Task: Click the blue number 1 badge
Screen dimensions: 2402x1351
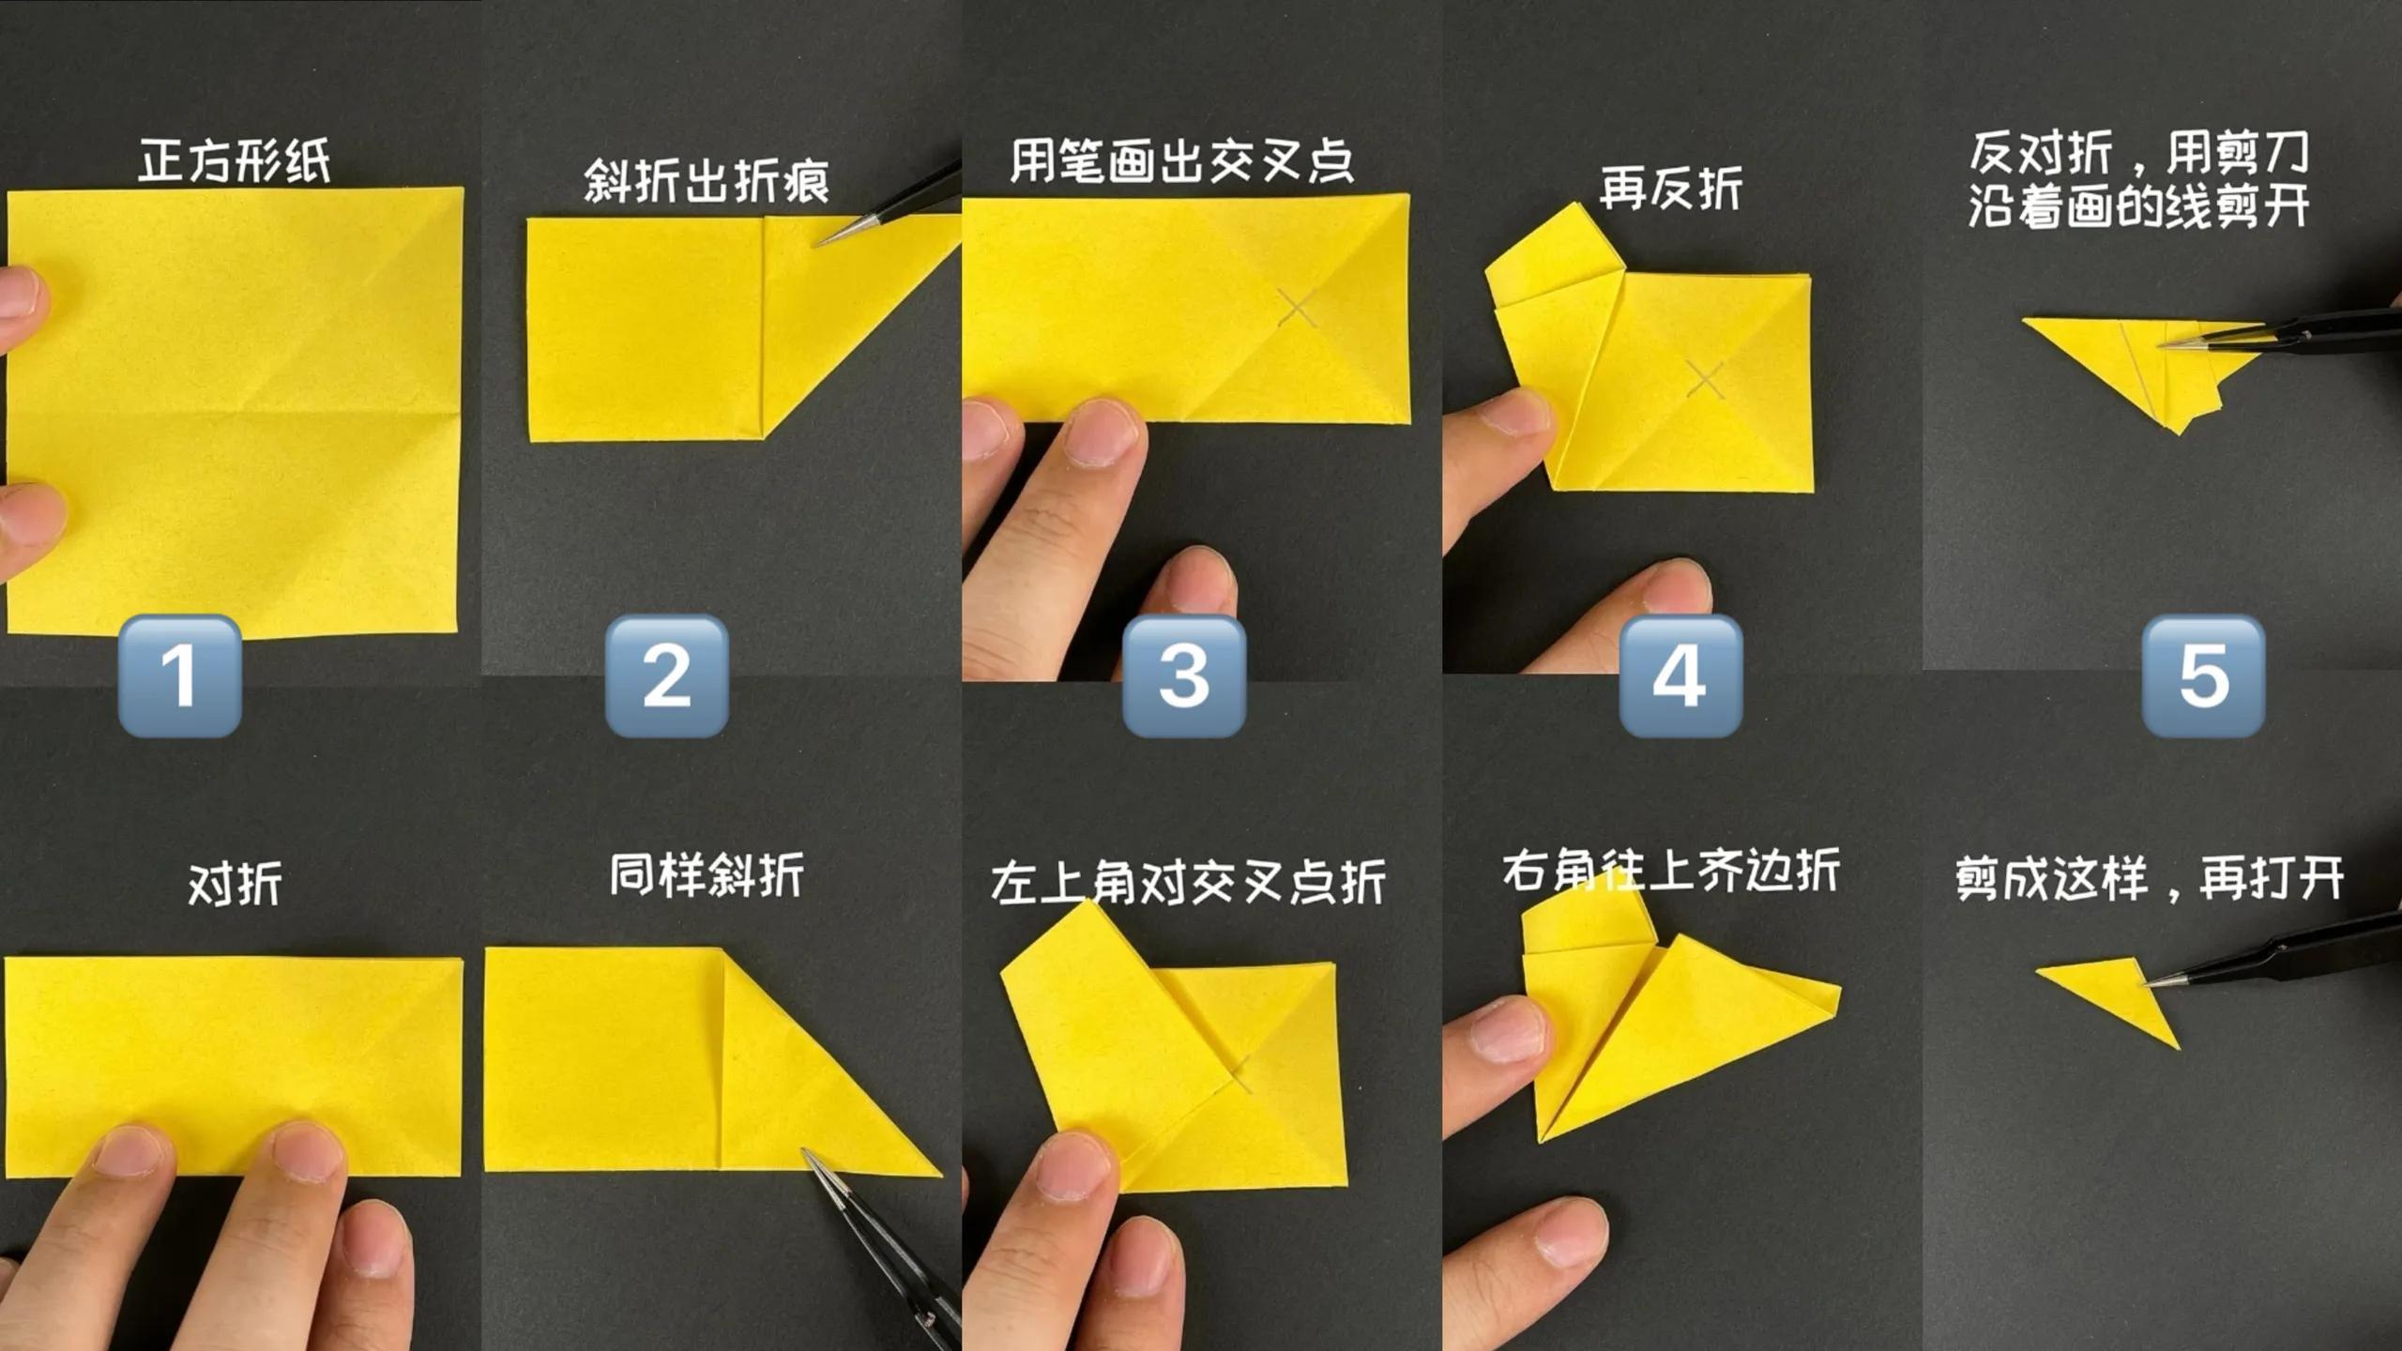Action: [x=180, y=675]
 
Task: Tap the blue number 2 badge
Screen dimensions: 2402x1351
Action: [x=667, y=675]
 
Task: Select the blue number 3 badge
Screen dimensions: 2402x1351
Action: [x=1184, y=675]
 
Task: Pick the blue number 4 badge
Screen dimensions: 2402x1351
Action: [x=1680, y=675]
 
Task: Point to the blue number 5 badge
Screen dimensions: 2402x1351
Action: [x=2203, y=675]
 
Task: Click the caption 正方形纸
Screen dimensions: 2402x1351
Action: [x=235, y=160]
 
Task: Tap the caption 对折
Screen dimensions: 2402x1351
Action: [x=235, y=884]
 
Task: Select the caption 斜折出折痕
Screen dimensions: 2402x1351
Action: [x=707, y=181]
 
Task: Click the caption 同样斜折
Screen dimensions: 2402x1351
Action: [x=707, y=875]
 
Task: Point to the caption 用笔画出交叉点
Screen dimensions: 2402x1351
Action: [x=1181, y=160]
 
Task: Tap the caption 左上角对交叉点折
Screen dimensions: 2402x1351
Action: [x=1188, y=883]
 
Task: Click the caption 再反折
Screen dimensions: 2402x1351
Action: [x=1671, y=189]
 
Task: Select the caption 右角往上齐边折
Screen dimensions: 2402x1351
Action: [x=1671, y=871]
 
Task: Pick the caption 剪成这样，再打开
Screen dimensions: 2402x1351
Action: [x=2150, y=879]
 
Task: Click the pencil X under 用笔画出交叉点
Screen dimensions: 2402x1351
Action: [x=1298, y=308]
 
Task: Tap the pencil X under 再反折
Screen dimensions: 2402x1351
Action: [x=1705, y=378]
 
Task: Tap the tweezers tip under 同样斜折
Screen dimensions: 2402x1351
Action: [x=805, y=1151]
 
